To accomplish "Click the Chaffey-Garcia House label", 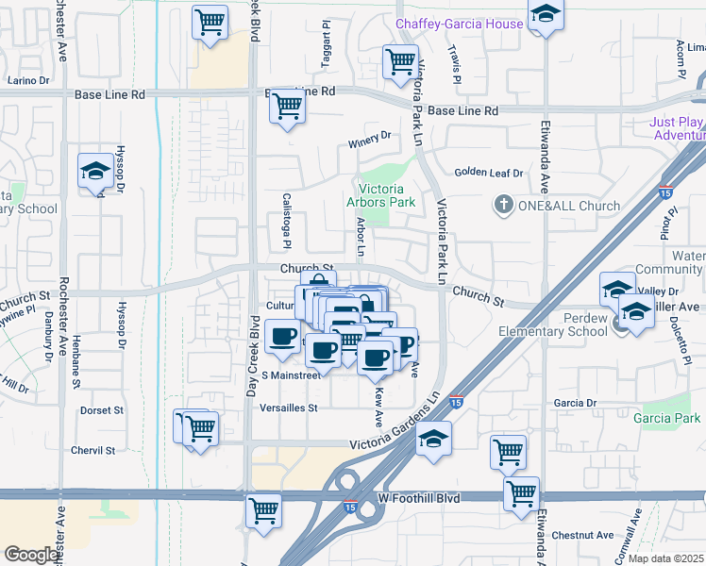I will (x=459, y=24).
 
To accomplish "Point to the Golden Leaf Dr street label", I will (x=488, y=173).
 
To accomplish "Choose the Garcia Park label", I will (x=667, y=418).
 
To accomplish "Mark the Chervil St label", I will (x=92, y=450).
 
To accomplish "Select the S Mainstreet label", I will (x=292, y=375).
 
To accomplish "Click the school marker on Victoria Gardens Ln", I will (x=433, y=439).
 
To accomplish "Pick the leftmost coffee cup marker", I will (x=282, y=337).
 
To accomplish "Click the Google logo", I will (x=32, y=555).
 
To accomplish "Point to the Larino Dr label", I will (x=28, y=80).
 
